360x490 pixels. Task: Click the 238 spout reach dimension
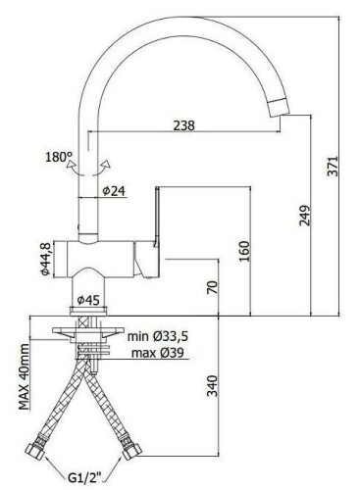[x=183, y=125]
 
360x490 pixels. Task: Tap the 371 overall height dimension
[x=334, y=166]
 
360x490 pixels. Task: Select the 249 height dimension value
[x=304, y=216]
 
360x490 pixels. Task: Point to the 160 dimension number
[x=244, y=251]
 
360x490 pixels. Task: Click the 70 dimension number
[x=212, y=287]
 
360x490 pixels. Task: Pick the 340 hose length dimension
[x=212, y=386]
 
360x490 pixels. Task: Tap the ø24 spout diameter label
[x=114, y=191]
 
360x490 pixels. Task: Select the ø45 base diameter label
[x=88, y=299]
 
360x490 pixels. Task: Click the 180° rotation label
[x=59, y=157]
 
